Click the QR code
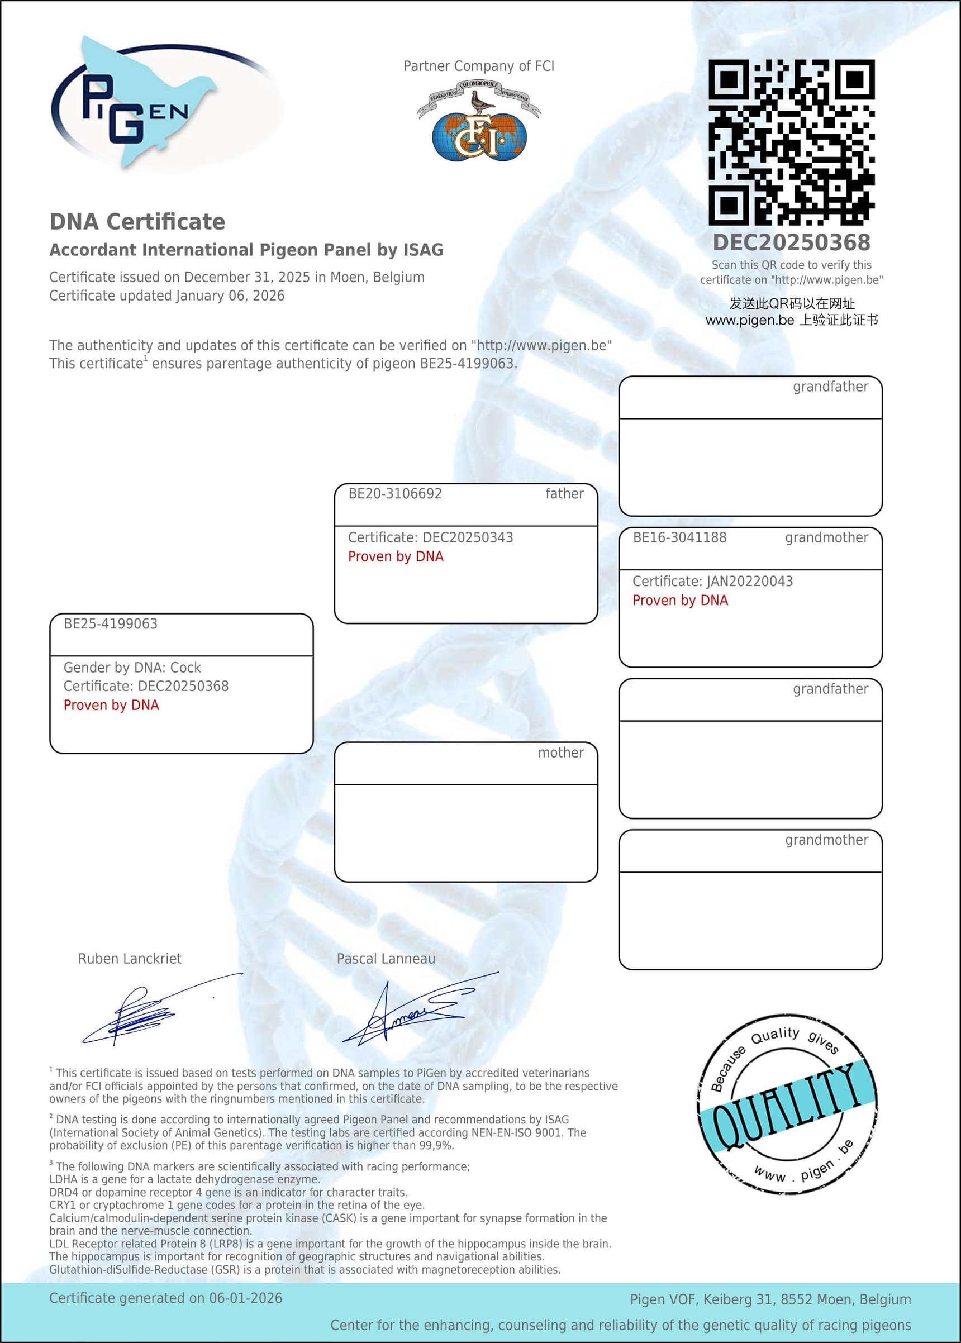tap(791, 142)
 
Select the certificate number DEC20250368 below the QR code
tap(791, 242)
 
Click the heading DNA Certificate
tap(137, 222)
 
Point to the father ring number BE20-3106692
tap(394, 493)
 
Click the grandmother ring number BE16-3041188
tap(679, 537)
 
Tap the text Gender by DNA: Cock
tap(132, 668)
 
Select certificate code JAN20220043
tap(750, 581)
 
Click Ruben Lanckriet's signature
tap(148, 1012)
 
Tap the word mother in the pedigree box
tap(560, 753)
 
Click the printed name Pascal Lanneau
tap(386, 959)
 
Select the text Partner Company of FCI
tap(479, 66)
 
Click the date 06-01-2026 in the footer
tap(246, 1298)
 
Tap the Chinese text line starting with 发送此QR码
tap(791, 303)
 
